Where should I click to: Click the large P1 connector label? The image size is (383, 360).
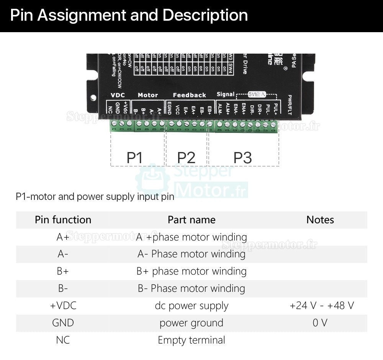(134, 158)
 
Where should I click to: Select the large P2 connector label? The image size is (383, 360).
(186, 158)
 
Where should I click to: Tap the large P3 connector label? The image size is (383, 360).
(242, 158)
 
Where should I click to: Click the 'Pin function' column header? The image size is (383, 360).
(63, 220)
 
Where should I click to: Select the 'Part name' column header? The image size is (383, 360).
(191, 220)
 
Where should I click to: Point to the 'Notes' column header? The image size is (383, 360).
(320, 220)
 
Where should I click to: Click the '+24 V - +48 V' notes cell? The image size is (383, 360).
(322, 306)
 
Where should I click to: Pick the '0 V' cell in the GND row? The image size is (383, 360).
(320, 323)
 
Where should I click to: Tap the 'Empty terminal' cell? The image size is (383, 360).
(191, 340)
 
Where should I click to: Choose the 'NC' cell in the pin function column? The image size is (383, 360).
(63, 340)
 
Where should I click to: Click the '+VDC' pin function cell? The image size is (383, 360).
(63, 306)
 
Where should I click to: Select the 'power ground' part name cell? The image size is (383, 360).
(191, 323)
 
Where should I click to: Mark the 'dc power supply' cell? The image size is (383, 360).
(191, 306)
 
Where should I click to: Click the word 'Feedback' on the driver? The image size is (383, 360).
(189, 95)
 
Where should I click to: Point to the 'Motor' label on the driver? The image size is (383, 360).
(147, 95)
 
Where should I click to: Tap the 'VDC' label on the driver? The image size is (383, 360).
(118, 95)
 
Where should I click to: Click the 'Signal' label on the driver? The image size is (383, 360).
(225, 94)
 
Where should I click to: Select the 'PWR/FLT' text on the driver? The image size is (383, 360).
(290, 105)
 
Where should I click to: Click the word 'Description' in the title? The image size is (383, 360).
(205, 15)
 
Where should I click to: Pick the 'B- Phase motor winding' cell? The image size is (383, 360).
(191, 288)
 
